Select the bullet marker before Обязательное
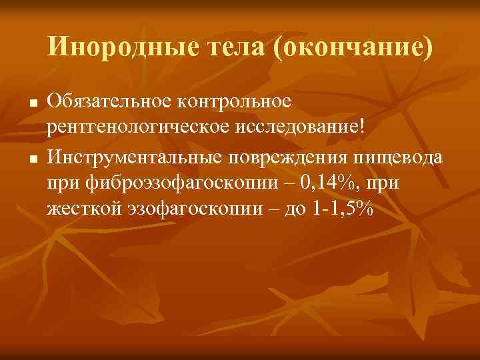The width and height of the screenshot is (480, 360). pyautogui.click(x=31, y=104)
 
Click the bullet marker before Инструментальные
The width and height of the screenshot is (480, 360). pyautogui.click(x=31, y=158)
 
